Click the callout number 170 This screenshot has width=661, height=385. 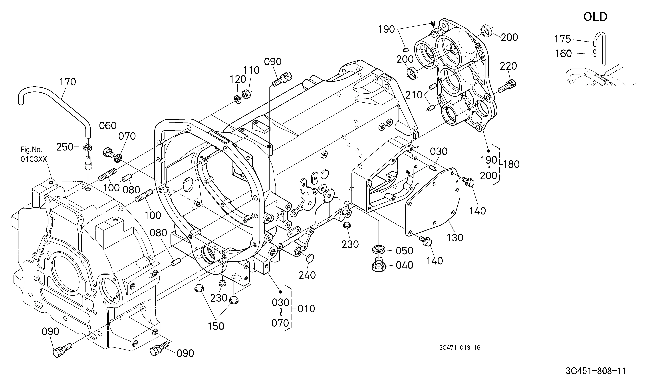pos(68,82)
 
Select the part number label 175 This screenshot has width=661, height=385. pos(563,39)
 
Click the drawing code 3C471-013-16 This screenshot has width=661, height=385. pos(460,348)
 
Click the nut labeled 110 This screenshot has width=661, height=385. pos(246,94)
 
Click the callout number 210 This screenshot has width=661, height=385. pos(414,95)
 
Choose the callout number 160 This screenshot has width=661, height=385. pos(563,54)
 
